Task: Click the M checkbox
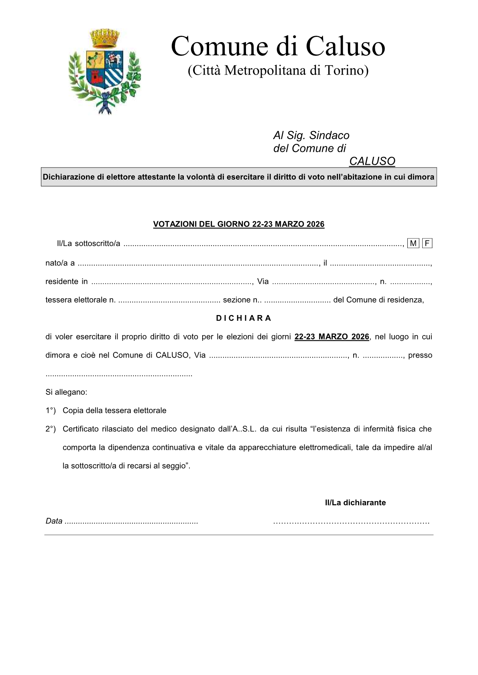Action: pyautogui.click(x=413, y=243)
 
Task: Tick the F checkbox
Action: pyautogui.click(x=427, y=243)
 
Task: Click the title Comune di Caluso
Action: pyautogui.click(x=278, y=46)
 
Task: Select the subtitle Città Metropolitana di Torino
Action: pyautogui.click(x=278, y=71)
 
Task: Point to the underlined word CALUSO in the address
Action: pyautogui.click(x=372, y=161)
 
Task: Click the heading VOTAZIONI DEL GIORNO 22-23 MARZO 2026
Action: pyautogui.click(x=239, y=224)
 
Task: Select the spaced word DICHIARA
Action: pyautogui.click(x=244, y=318)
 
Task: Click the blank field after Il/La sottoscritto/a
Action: pyautogui.click(x=263, y=244)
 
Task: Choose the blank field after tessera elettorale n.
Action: pyautogui.click(x=169, y=300)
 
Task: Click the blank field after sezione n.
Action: pyautogui.click(x=297, y=300)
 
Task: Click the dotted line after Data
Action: pyautogui.click(x=131, y=522)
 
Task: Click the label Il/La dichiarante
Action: pyautogui.click(x=355, y=503)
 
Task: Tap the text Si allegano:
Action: pyautogui.click(x=66, y=392)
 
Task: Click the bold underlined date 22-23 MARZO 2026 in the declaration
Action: pyautogui.click(x=332, y=337)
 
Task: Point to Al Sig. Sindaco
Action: pyautogui.click(x=311, y=135)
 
